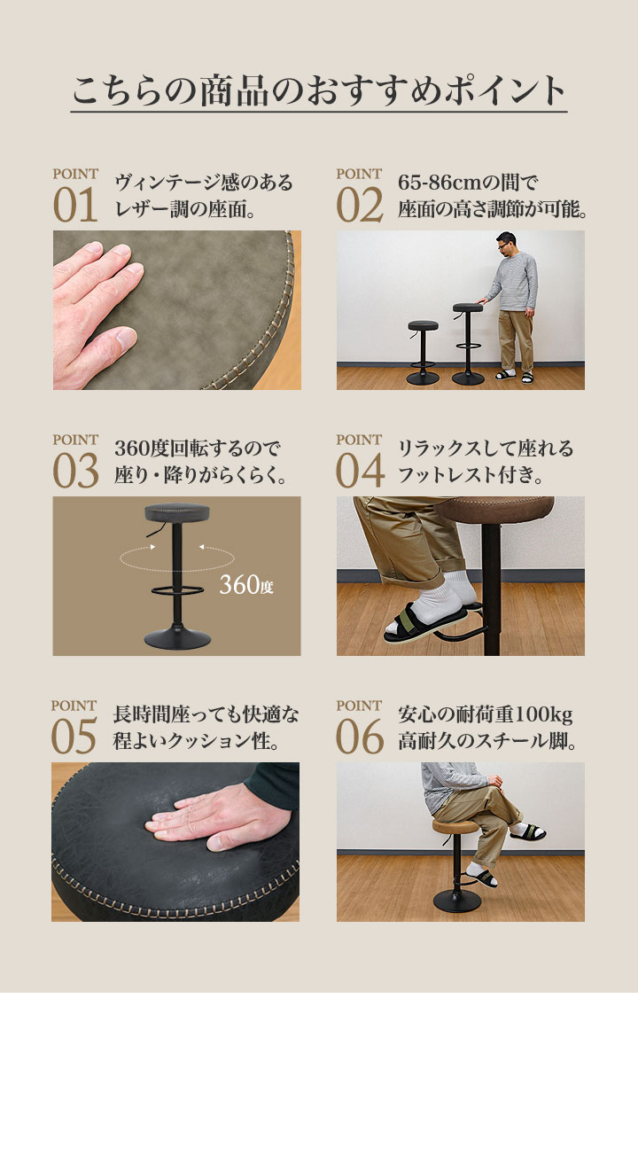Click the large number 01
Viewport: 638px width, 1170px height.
[75, 206]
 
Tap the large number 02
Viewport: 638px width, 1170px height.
[360, 206]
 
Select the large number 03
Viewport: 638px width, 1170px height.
[75, 472]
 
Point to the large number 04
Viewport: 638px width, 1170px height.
[361, 472]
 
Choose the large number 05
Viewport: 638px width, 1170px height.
[74, 737]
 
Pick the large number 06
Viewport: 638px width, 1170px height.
[360, 737]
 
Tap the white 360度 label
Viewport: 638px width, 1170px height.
[246, 585]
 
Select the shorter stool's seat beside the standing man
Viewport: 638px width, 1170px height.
[423, 326]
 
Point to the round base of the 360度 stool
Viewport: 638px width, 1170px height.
[177, 638]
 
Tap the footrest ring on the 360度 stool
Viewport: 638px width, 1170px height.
[177, 590]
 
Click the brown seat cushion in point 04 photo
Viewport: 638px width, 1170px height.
[494, 510]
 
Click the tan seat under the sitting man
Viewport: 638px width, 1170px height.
[455, 826]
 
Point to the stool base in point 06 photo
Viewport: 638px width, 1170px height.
[457, 901]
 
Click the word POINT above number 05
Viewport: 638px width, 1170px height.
[74, 706]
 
